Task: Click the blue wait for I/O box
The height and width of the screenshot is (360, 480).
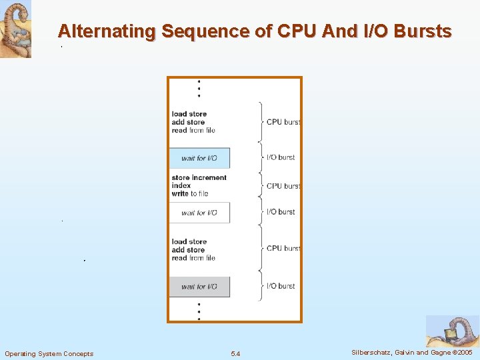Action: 199,158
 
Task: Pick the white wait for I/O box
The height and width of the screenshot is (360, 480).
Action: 199,213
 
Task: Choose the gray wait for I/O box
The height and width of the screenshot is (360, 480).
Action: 199,287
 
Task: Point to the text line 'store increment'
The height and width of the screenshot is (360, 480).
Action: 199,177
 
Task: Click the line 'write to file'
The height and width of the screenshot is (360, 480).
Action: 190,193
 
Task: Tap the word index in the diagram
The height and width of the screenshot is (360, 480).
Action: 181,185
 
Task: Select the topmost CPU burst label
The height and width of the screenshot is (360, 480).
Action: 283,122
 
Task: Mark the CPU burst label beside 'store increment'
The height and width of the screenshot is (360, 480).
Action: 283,186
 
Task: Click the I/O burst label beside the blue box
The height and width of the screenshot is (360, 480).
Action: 280,157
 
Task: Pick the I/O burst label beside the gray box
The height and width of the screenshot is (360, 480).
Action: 280,286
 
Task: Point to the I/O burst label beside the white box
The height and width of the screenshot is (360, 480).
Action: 280,212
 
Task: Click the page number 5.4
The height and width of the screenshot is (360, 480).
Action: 235,353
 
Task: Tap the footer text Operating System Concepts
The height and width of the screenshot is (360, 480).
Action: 49,353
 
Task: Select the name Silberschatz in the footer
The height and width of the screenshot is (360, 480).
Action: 372,352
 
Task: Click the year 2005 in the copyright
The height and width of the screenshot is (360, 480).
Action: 464,352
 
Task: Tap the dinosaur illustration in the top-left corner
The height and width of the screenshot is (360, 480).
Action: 15,29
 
